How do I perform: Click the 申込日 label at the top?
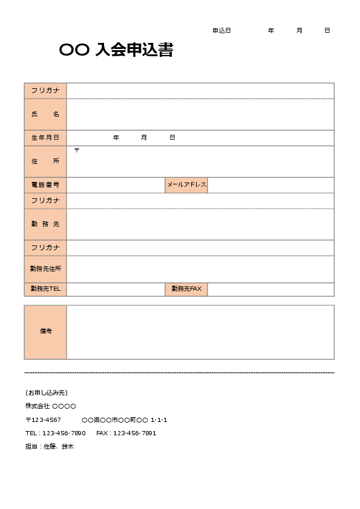[221, 30]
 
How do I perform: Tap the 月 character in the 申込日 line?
[299, 30]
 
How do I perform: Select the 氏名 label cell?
[45, 114]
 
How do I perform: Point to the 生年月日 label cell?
[45, 138]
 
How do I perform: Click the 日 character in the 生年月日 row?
[172, 138]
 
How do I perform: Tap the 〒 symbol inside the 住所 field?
[77, 150]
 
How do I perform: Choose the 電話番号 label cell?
[45, 185]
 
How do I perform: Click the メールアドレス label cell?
[186, 185]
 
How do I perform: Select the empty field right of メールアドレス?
[270, 185]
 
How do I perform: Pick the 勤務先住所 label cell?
[45, 268]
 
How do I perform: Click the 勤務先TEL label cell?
[45, 289]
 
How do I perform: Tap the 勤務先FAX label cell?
[186, 289]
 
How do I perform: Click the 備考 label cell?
[45, 332]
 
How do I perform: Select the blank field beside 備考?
[200, 332]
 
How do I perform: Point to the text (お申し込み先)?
[47, 392]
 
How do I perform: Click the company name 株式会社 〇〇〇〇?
[51, 406]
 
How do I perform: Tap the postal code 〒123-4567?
[43, 420]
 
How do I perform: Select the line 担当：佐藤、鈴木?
[50, 446]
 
